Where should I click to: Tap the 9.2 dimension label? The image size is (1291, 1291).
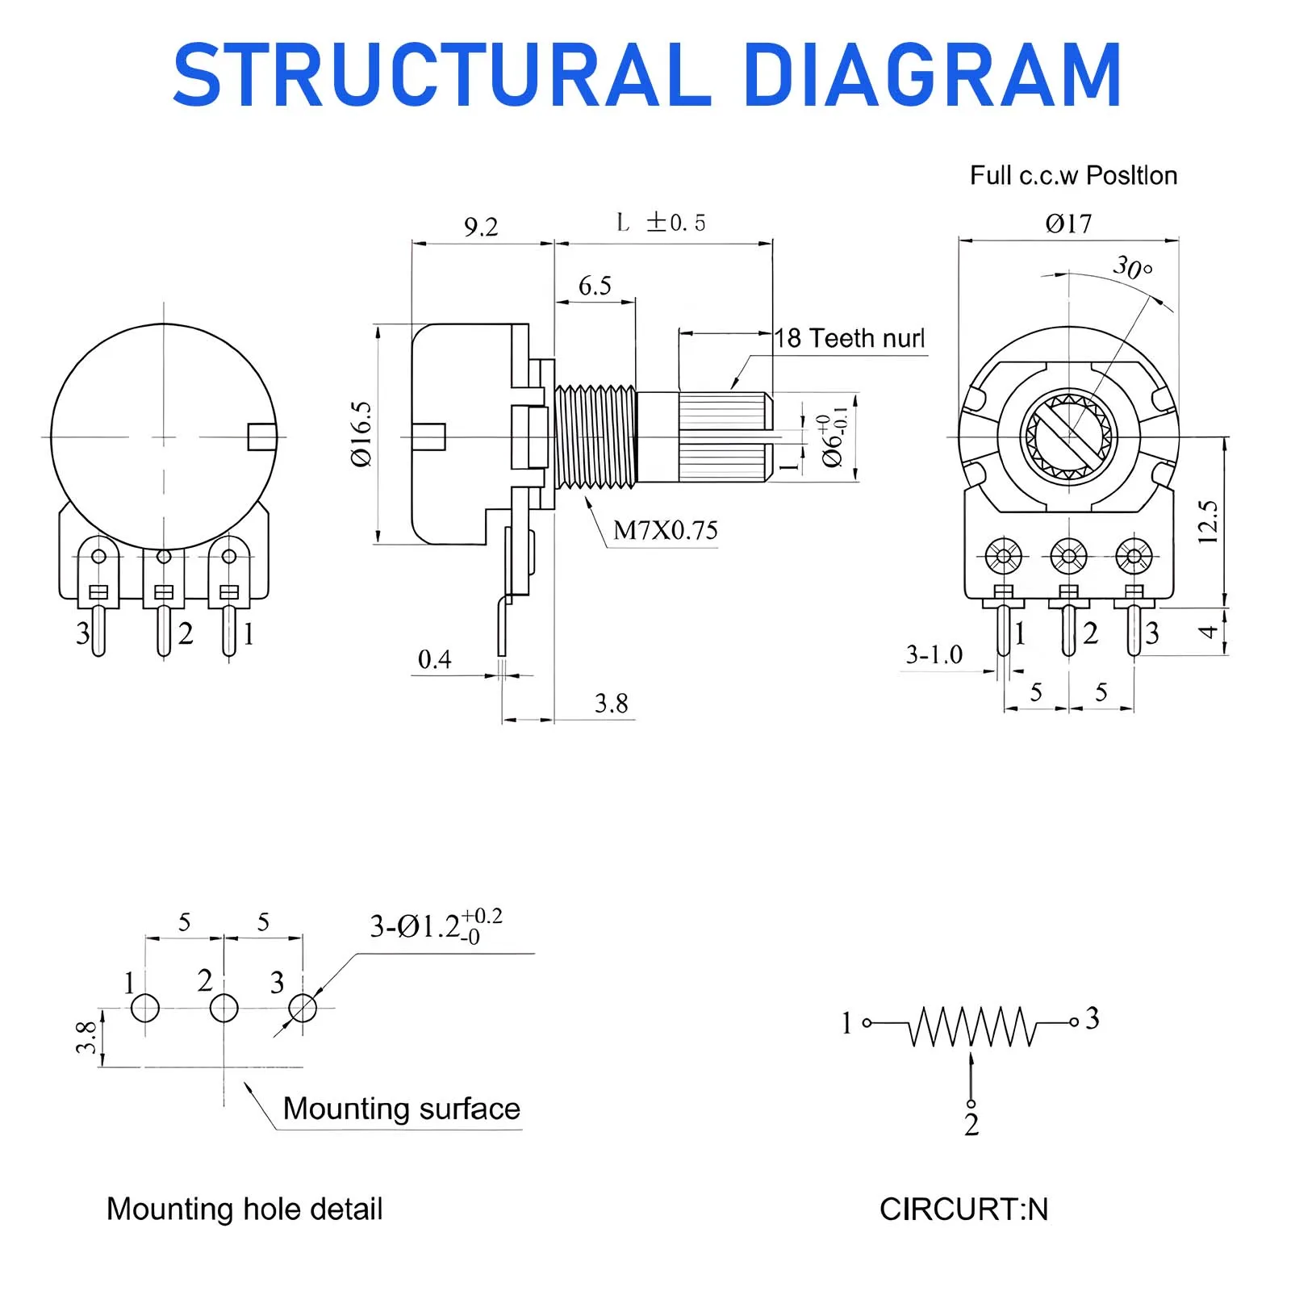click(x=481, y=227)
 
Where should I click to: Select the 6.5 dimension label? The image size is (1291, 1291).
click(x=595, y=286)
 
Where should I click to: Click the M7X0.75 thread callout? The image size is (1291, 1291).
click(x=665, y=530)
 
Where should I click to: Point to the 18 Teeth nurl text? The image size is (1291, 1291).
click(x=850, y=338)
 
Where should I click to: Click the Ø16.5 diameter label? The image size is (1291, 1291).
click(x=361, y=434)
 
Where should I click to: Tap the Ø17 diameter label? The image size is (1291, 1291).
click(x=1068, y=224)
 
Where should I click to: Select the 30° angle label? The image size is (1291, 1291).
click(x=1132, y=267)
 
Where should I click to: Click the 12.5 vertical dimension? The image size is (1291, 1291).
click(x=1208, y=521)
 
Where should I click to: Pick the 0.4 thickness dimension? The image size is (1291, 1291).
click(x=434, y=659)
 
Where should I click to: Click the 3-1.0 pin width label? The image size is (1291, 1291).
click(x=934, y=654)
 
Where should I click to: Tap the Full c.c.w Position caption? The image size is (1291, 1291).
click(x=1073, y=175)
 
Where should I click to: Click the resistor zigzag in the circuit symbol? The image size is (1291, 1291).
click(x=971, y=1026)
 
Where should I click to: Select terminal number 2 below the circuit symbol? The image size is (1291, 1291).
click(x=971, y=1124)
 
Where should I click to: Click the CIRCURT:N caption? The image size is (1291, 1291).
click(x=963, y=1209)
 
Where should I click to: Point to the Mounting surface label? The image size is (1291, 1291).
click(x=401, y=1109)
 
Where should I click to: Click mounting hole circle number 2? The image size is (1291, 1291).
click(x=224, y=1008)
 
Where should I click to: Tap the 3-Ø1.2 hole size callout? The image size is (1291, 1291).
click(x=436, y=926)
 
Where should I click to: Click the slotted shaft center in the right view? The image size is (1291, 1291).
click(x=1069, y=437)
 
